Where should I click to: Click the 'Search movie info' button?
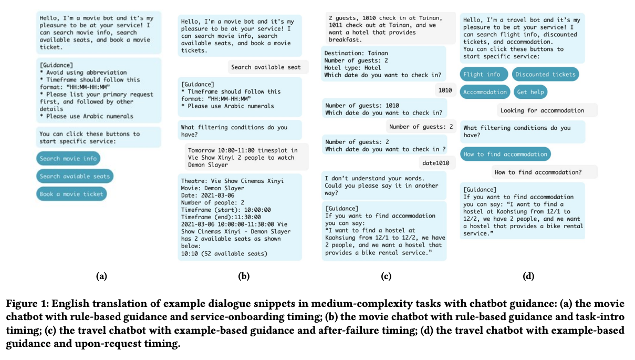point(68,159)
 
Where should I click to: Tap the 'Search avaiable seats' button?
point(75,177)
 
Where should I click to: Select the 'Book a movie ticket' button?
point(71,194)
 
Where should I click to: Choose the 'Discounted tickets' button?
point(545,75)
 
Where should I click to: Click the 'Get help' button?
point(530,92)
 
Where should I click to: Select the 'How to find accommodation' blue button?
point(505,154)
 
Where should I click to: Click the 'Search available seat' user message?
point(266,67)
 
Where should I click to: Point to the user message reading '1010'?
point(445,90)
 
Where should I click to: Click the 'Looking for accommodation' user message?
point(542,110)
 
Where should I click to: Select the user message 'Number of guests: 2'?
point(421,127)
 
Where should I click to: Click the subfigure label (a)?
point(101,276)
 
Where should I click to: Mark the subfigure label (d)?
point(528,276)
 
